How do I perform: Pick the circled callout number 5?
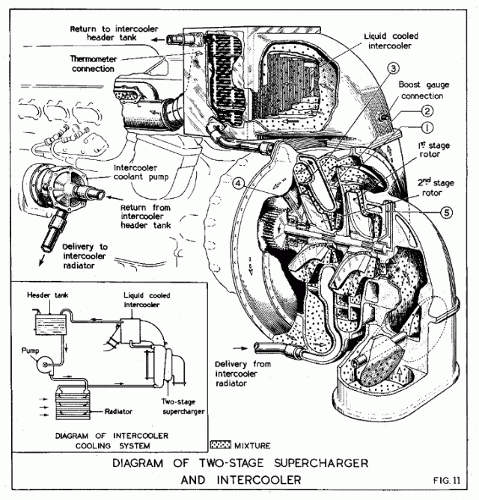[x=447, y=212]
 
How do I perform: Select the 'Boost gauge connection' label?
[x=424, y=90]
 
